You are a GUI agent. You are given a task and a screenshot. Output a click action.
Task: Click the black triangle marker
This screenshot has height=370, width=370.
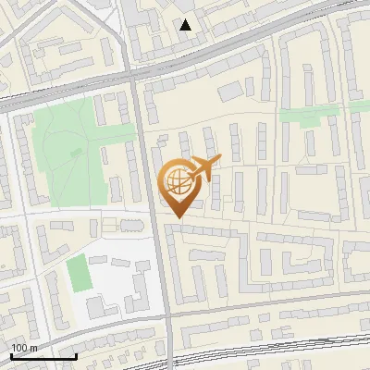[x=186, y=25]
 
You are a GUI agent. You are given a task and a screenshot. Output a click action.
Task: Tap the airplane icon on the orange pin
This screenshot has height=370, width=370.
[x=204, y=166]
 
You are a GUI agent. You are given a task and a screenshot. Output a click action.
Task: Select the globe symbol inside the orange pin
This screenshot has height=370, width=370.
[x=176, y=179]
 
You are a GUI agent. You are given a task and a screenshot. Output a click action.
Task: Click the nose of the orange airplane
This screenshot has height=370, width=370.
[x=219, y=159]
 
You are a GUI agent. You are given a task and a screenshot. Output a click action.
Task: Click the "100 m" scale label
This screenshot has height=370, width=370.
[x=25, y=348]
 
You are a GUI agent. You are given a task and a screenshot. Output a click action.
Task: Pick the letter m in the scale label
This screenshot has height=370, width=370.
[x=34, y=348]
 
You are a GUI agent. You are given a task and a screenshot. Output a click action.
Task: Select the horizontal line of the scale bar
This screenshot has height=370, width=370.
[x=43, y=356]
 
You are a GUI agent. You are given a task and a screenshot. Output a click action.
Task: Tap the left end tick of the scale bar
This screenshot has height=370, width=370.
[x=11, y=354]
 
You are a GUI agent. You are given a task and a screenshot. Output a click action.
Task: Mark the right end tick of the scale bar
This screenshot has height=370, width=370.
[x=76, y=354]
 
